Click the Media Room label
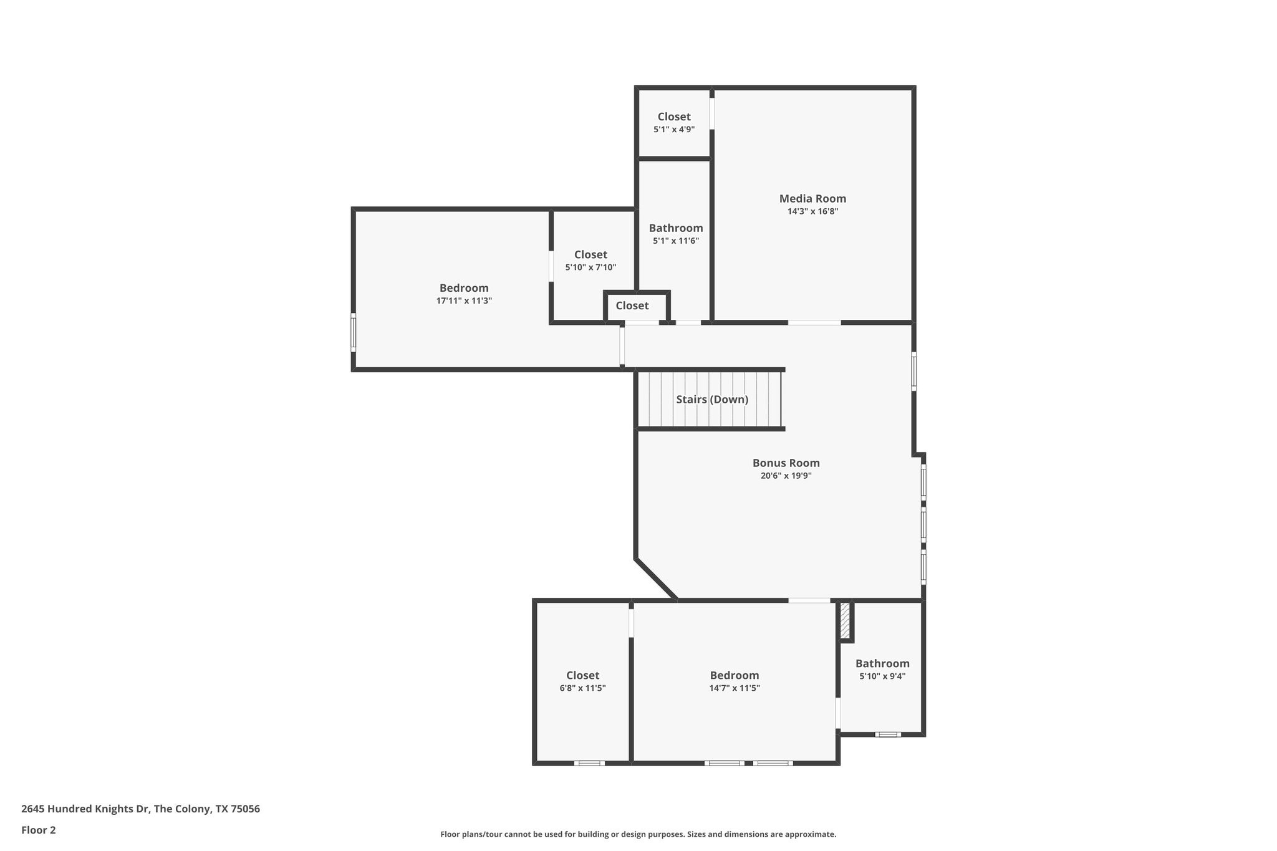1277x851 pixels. [x=812, y=198]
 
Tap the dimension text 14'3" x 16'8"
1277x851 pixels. [x=812, y=211]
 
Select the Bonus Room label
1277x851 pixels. [x=786, y=463]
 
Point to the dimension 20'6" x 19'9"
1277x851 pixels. [x=786, y=476]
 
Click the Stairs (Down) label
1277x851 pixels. [x=712, y=399]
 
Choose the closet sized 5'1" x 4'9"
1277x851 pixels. [x=674, y=122]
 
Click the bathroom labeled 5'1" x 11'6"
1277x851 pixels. [x=675, y=234]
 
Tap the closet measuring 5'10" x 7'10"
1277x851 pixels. [x=590, y=260]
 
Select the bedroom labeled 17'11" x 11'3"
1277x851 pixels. [x=464, y=294]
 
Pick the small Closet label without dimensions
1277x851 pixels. [x=632, y=305]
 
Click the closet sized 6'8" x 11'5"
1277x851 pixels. [x=582, y=681]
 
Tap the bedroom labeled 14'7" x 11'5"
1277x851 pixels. [x=735, y=681]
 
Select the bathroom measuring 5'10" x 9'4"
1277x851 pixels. [x=882, y=669]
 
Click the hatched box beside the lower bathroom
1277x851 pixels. [x=845, y=620]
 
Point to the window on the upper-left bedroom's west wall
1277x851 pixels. [x=354, y=332]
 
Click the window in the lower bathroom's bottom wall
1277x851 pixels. [x=888, y=734]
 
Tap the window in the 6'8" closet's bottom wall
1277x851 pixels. [x=589, y=762]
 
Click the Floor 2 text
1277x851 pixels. [x=39, y=830]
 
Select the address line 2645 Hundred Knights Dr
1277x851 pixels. [x=140, y=809]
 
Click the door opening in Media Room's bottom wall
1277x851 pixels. [x=814, y=322]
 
